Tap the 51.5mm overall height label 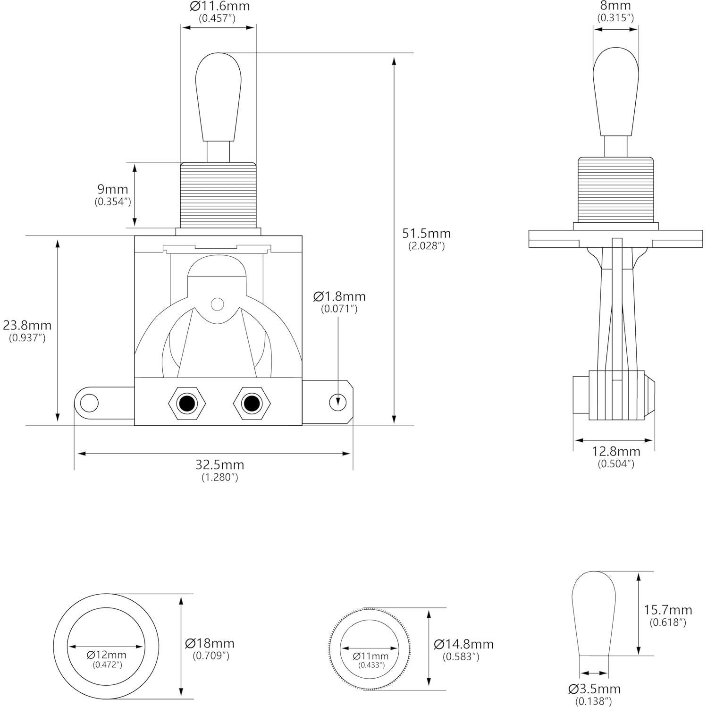pyautogui.click(x=426, y=234)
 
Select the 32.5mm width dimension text pyautogui.click(x=220, y=465)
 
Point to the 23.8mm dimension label pyautogui.click(x=27, y=326)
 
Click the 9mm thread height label pyautogui.click(x=112, y=189)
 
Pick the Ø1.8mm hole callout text pyautogui.click(x=339, y=297)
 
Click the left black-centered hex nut pyautogui.click(x=187, y=404)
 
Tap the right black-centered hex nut pyautogui.click(x=252, y=404)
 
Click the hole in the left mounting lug pyautogui.click(x=89, y=404)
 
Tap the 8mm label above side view pyautogui.click(x=615, y=6)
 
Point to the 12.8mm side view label pyautogui.click(x=616, y=452)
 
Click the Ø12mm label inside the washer pyautogui.click(x=106, y=655)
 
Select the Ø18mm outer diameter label pyautogui.click(x=210, y=643)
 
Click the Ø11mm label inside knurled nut pyautogui.click(x=371, y=656)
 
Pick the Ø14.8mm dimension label pyautogui.click(x=463, y=644)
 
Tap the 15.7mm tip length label pyautogui.click(x=668, y=610)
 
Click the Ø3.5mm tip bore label pyautogui.click(x=595, y=689)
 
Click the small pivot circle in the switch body pyautogui.click(x=217, y=304)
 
